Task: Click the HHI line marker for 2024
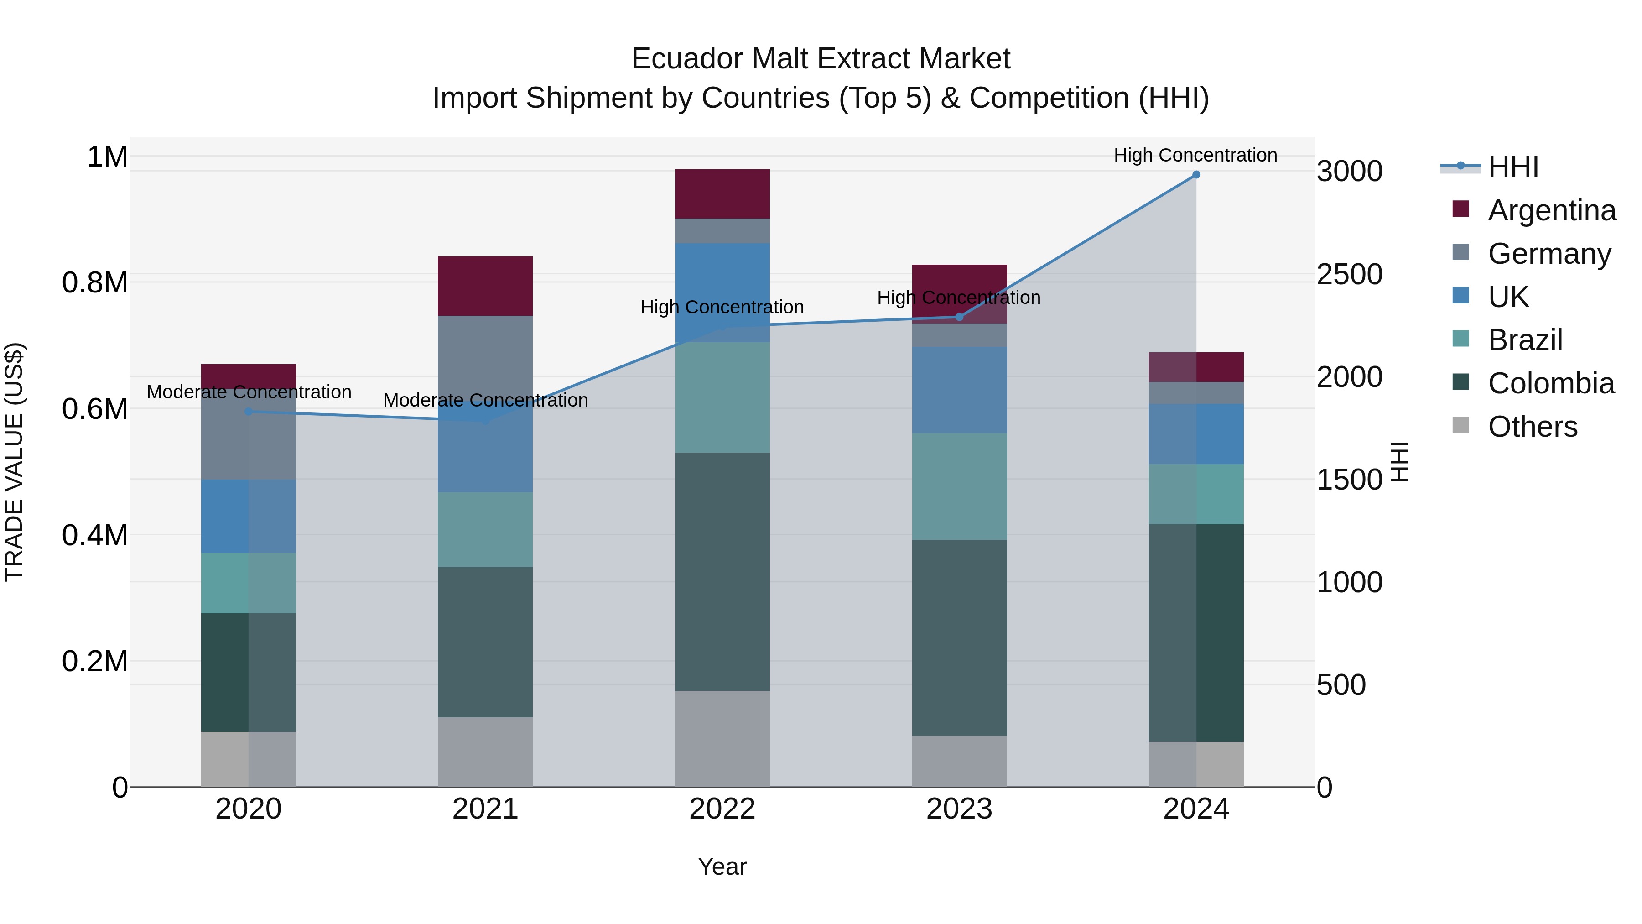point(1196,175)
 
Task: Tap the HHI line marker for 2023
point(959,317)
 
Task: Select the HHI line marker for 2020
point(249,411)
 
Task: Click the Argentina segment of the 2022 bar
point(722,194)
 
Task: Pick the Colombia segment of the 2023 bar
point(959,638)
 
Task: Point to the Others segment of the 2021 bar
point(485,752)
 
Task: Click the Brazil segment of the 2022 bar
point(722,397)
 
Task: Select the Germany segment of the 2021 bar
point(485,357)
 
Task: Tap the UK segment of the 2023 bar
point(959,390)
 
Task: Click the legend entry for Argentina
point(1552,210)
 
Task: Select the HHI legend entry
point(1513,167)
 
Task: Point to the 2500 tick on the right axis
point(1350,274)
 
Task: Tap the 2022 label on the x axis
point(722,809)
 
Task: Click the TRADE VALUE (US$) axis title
point(14,462)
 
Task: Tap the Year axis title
point(722,867)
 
